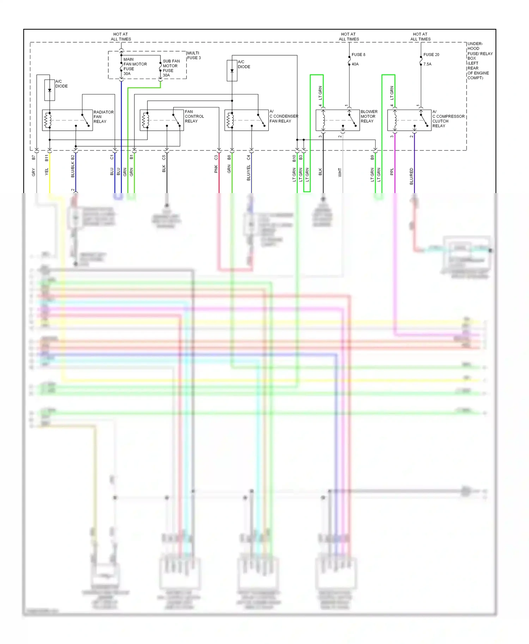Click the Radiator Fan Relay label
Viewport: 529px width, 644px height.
pos(103,117)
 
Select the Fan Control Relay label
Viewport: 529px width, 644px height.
pos(194,116)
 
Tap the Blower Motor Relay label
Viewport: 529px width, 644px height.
pos(369,116)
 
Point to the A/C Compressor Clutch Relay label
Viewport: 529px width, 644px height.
pos(448,119)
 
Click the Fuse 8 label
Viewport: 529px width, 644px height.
pos(358,55)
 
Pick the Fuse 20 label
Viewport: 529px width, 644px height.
pos(431,55)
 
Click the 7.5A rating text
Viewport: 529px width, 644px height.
pos(427,64)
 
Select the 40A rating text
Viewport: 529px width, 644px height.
pos(355,64)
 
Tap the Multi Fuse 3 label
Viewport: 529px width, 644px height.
pos(194,55)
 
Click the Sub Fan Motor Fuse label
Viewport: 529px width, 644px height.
pos(171,68)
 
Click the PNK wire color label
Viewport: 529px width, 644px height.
pos(216,169)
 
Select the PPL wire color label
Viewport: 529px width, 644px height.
pos(392,172)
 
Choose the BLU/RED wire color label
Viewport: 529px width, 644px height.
pos(411,176)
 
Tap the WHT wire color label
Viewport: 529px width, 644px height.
pos(340,172)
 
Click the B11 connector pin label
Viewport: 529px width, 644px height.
pos(47,158)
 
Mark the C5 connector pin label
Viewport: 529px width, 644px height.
pos(164,157)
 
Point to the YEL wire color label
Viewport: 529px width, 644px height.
pos(47,172)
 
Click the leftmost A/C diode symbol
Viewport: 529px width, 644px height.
pos(50,90)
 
